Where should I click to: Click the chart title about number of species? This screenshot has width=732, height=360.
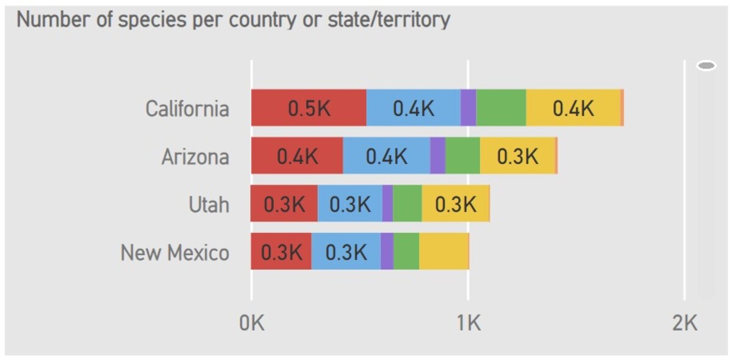233,20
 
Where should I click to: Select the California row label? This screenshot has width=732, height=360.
187,109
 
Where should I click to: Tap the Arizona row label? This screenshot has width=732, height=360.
195,157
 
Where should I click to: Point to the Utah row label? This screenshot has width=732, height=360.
209,205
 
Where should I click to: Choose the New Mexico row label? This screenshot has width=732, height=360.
175,252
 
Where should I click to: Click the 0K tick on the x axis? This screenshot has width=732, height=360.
251,323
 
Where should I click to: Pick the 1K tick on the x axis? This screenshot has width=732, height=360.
468,323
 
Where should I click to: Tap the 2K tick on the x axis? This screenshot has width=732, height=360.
684,323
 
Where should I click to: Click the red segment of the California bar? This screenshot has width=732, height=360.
309,108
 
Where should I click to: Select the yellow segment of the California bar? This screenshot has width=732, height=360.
573,108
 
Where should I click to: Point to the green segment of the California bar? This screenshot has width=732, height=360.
501,108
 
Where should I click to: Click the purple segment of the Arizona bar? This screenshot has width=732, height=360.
437,156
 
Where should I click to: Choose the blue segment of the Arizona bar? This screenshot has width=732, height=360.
386,156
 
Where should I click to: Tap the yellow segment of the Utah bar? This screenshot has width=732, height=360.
455,204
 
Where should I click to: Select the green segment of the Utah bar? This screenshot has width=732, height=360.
407,204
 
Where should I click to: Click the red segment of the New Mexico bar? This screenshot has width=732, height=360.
281,251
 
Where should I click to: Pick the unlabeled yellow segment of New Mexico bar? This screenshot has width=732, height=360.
443,251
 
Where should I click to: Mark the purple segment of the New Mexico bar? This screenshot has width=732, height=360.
387,251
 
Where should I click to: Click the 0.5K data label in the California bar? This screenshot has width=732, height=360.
309,109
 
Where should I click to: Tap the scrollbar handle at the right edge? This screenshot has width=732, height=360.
706,66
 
